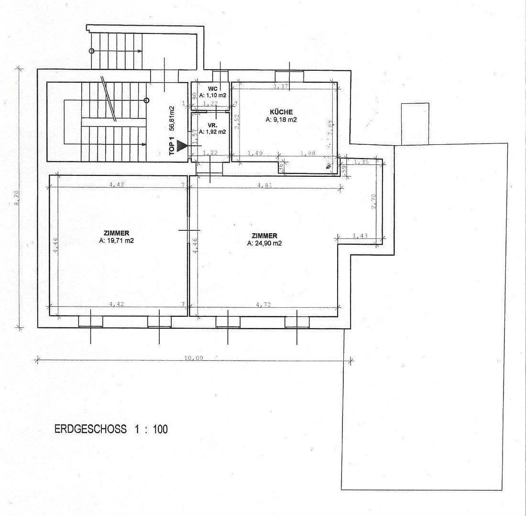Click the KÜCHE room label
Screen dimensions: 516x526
pyautogui.click(x=281, y=112)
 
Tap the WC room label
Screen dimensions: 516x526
pyautogui.click(x=213, y=89)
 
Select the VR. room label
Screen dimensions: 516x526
pyautogui.click(x=213, y=126)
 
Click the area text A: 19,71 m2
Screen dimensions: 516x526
pyautogui.click(x=116, y=241)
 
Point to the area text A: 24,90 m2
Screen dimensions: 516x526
pyautogui.click(x=264, y=243)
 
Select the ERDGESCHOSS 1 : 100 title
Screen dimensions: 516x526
pyautogui.click(x=111, y=429)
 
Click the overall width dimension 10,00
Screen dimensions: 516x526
pyautogui.click(x=194, y=358)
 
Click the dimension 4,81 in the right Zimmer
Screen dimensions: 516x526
pyautogui.click(x=264, y=185)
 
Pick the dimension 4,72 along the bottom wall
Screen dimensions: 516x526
pyautogui.click(x=263, y=304)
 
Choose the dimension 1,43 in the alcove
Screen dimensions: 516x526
pyautogui.click(x=360, y=236)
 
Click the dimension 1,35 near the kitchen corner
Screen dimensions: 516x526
pyautogui.click(x=362, y=162)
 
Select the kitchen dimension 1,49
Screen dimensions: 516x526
pyautogui.click(x=255, y=153)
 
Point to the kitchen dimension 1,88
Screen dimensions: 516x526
pyautogui.click(x=307, y=153)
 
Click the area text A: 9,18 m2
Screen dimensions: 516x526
pyautogui.click(x=281, y=120)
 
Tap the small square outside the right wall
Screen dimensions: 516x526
pyautogui.click(x=415, y=124)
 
